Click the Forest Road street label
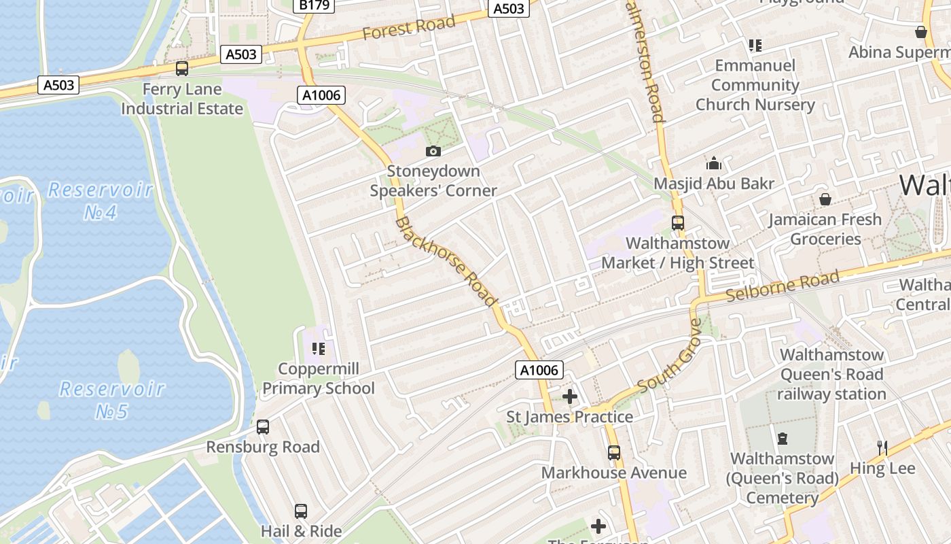(408, 28)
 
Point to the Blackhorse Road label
(446, 262)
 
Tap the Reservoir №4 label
(101, 201)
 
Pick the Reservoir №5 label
(112, 400)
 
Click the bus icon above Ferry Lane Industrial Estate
(182, 68)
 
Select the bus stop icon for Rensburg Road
(263, 427)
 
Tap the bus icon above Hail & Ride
(301, 511)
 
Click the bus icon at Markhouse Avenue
(614, 452)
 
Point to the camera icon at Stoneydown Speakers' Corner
(433, 151)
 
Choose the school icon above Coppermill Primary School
(319, 349)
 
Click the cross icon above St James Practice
(570, 396)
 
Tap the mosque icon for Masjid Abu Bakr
(714, 163)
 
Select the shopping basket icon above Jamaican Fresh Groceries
(825, 199)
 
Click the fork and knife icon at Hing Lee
(882, 447)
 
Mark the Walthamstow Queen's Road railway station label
(831, 374)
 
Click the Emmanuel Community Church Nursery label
(755, 85)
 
